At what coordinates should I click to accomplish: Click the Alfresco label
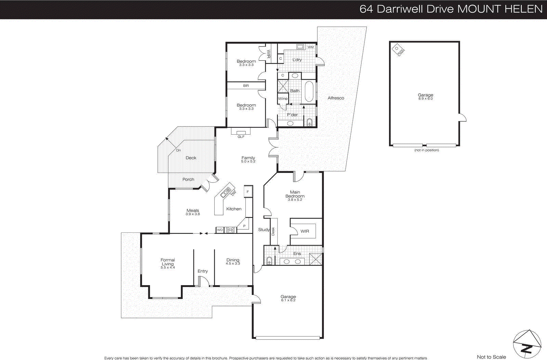coord(336,98)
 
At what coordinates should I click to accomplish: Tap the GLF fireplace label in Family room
coord(241,137)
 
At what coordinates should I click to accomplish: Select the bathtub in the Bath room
coord(309,91)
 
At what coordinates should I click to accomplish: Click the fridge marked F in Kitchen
coord(248,192)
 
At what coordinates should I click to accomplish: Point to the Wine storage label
coord(283,99)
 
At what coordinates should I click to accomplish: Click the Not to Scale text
coord(491,357)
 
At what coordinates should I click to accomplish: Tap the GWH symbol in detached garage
coord(398,50)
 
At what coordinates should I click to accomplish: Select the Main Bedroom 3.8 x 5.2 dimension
coord(295,200)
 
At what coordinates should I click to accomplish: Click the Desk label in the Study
coord(273,231)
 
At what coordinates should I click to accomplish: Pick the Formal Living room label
coord(168,262)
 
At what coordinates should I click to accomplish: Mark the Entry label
coord(203,271)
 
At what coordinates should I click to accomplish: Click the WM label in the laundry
coord(310,47)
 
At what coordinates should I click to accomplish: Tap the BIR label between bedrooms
coord(246,86)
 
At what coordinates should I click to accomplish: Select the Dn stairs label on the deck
coord(178,150)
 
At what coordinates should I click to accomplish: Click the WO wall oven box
coord(220,230)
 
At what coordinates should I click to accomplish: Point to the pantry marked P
coord(244,226)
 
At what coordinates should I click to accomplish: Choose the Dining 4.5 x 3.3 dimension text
coord(233,264)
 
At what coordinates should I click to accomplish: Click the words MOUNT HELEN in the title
coord(500,9)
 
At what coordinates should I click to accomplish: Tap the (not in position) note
coord(426,150)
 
